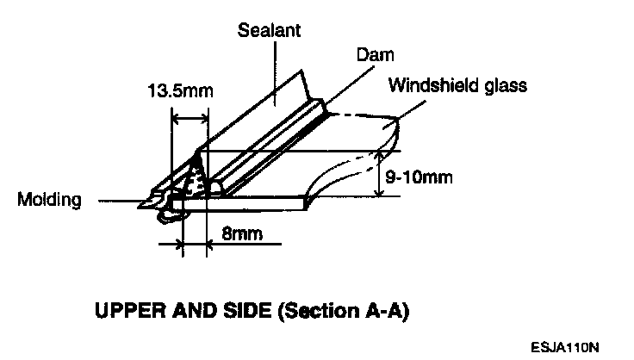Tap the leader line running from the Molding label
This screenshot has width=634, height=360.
tap(121, 203)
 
